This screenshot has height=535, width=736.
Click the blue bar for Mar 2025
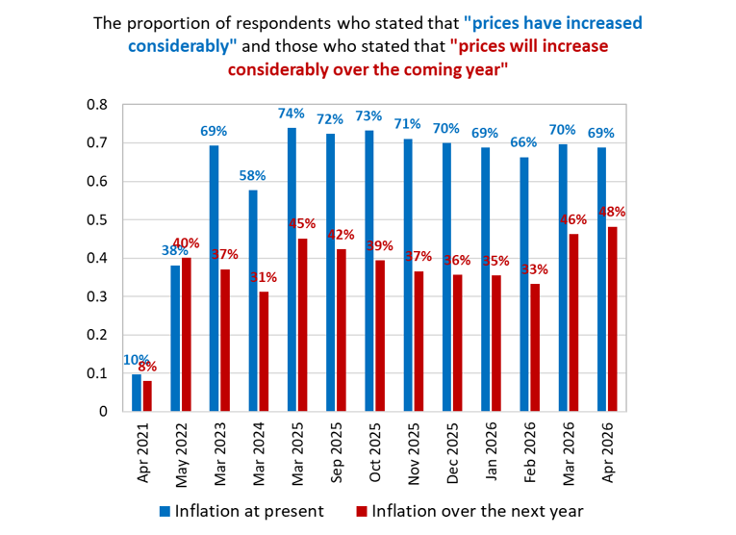tap(292, 269)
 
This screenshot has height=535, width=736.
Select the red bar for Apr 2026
tap(613, 319)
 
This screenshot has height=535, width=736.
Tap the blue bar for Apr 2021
tap(137, 393)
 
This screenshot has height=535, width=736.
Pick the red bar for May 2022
tap(187, 335)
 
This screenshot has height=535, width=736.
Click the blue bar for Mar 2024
tap(253, 301)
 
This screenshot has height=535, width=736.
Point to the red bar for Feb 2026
tap(535, 347)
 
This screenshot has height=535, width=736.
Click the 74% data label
tap(291, 114)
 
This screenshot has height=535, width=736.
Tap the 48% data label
tap(612, 212)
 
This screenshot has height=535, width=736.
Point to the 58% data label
tap(252, 176)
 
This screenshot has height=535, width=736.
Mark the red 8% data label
tap(147, 367)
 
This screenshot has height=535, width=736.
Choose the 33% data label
tap(535, 269)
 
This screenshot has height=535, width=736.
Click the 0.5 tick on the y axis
tap(97, 220)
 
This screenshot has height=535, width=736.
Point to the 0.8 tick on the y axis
tap(97, 105)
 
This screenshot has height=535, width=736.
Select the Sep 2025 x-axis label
tap(337, 453)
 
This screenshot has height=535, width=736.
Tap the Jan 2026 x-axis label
tap(492, 452)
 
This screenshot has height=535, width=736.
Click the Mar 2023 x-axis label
tap(220, 454)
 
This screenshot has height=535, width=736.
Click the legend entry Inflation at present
tap(241, 511)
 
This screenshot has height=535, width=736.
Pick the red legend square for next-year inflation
tap(362, 512)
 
